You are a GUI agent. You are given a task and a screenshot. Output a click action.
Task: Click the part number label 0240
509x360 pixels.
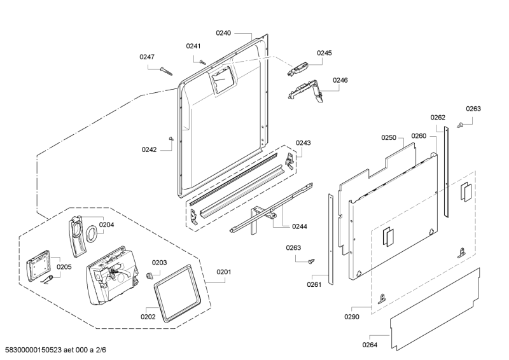tap(223, 32)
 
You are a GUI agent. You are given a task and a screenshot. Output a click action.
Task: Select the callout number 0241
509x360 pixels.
tap(193, 46)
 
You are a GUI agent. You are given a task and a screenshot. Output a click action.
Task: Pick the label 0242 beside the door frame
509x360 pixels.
tap(149, 150)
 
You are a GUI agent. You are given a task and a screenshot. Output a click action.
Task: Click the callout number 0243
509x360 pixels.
tap(303, 143)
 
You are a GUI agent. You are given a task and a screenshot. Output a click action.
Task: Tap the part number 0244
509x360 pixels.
tap(299, 226)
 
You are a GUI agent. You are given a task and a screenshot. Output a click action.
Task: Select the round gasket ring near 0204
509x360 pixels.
tap(92, 233)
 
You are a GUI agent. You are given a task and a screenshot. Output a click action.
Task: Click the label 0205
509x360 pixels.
tap(64, 267)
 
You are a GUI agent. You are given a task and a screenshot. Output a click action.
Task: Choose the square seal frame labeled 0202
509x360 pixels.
tap(178, 293)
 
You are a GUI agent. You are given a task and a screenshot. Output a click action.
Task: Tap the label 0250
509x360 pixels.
tap(389, 138)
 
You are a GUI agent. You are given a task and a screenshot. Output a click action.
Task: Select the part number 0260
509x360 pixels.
tap(418, 136)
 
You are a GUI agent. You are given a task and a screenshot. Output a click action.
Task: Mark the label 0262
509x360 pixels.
tap(438, 118)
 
